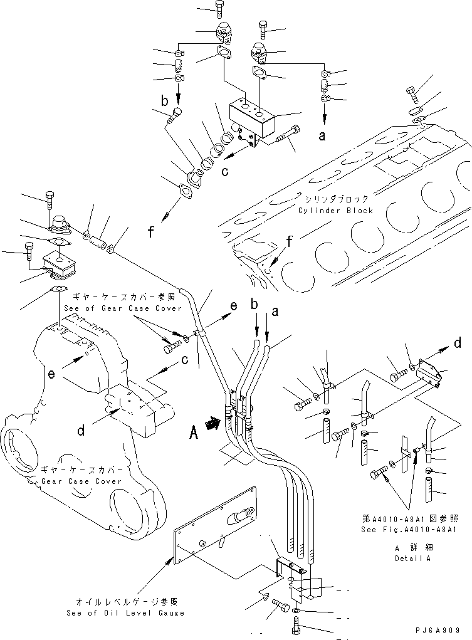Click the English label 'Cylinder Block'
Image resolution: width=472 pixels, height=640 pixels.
tap(335, 211)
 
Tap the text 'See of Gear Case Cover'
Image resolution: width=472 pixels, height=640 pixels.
tap(122, 308)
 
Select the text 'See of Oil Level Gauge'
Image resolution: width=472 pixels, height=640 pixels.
tap(125, 612)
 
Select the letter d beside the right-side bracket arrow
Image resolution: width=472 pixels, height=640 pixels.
tap(458, 343)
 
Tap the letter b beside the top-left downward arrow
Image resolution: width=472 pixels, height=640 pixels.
tap(164, 100)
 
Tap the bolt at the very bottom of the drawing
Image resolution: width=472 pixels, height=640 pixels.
tap(297, 624)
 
